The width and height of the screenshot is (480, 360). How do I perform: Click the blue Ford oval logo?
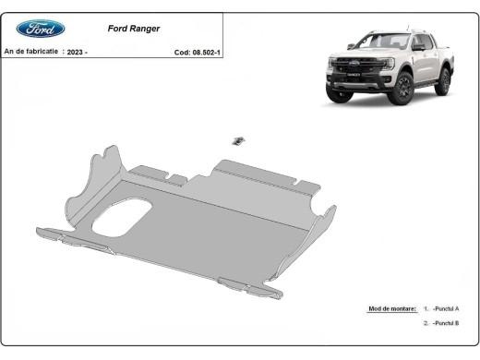click(x=41, y=29)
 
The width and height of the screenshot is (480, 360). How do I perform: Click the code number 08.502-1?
click(x=206, y=53)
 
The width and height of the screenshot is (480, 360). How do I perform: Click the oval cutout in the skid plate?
click(x=122, y=216)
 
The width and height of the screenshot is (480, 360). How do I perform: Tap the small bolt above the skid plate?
click(x=237, y=139)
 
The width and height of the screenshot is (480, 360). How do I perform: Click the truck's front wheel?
click(x=401, y=88)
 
